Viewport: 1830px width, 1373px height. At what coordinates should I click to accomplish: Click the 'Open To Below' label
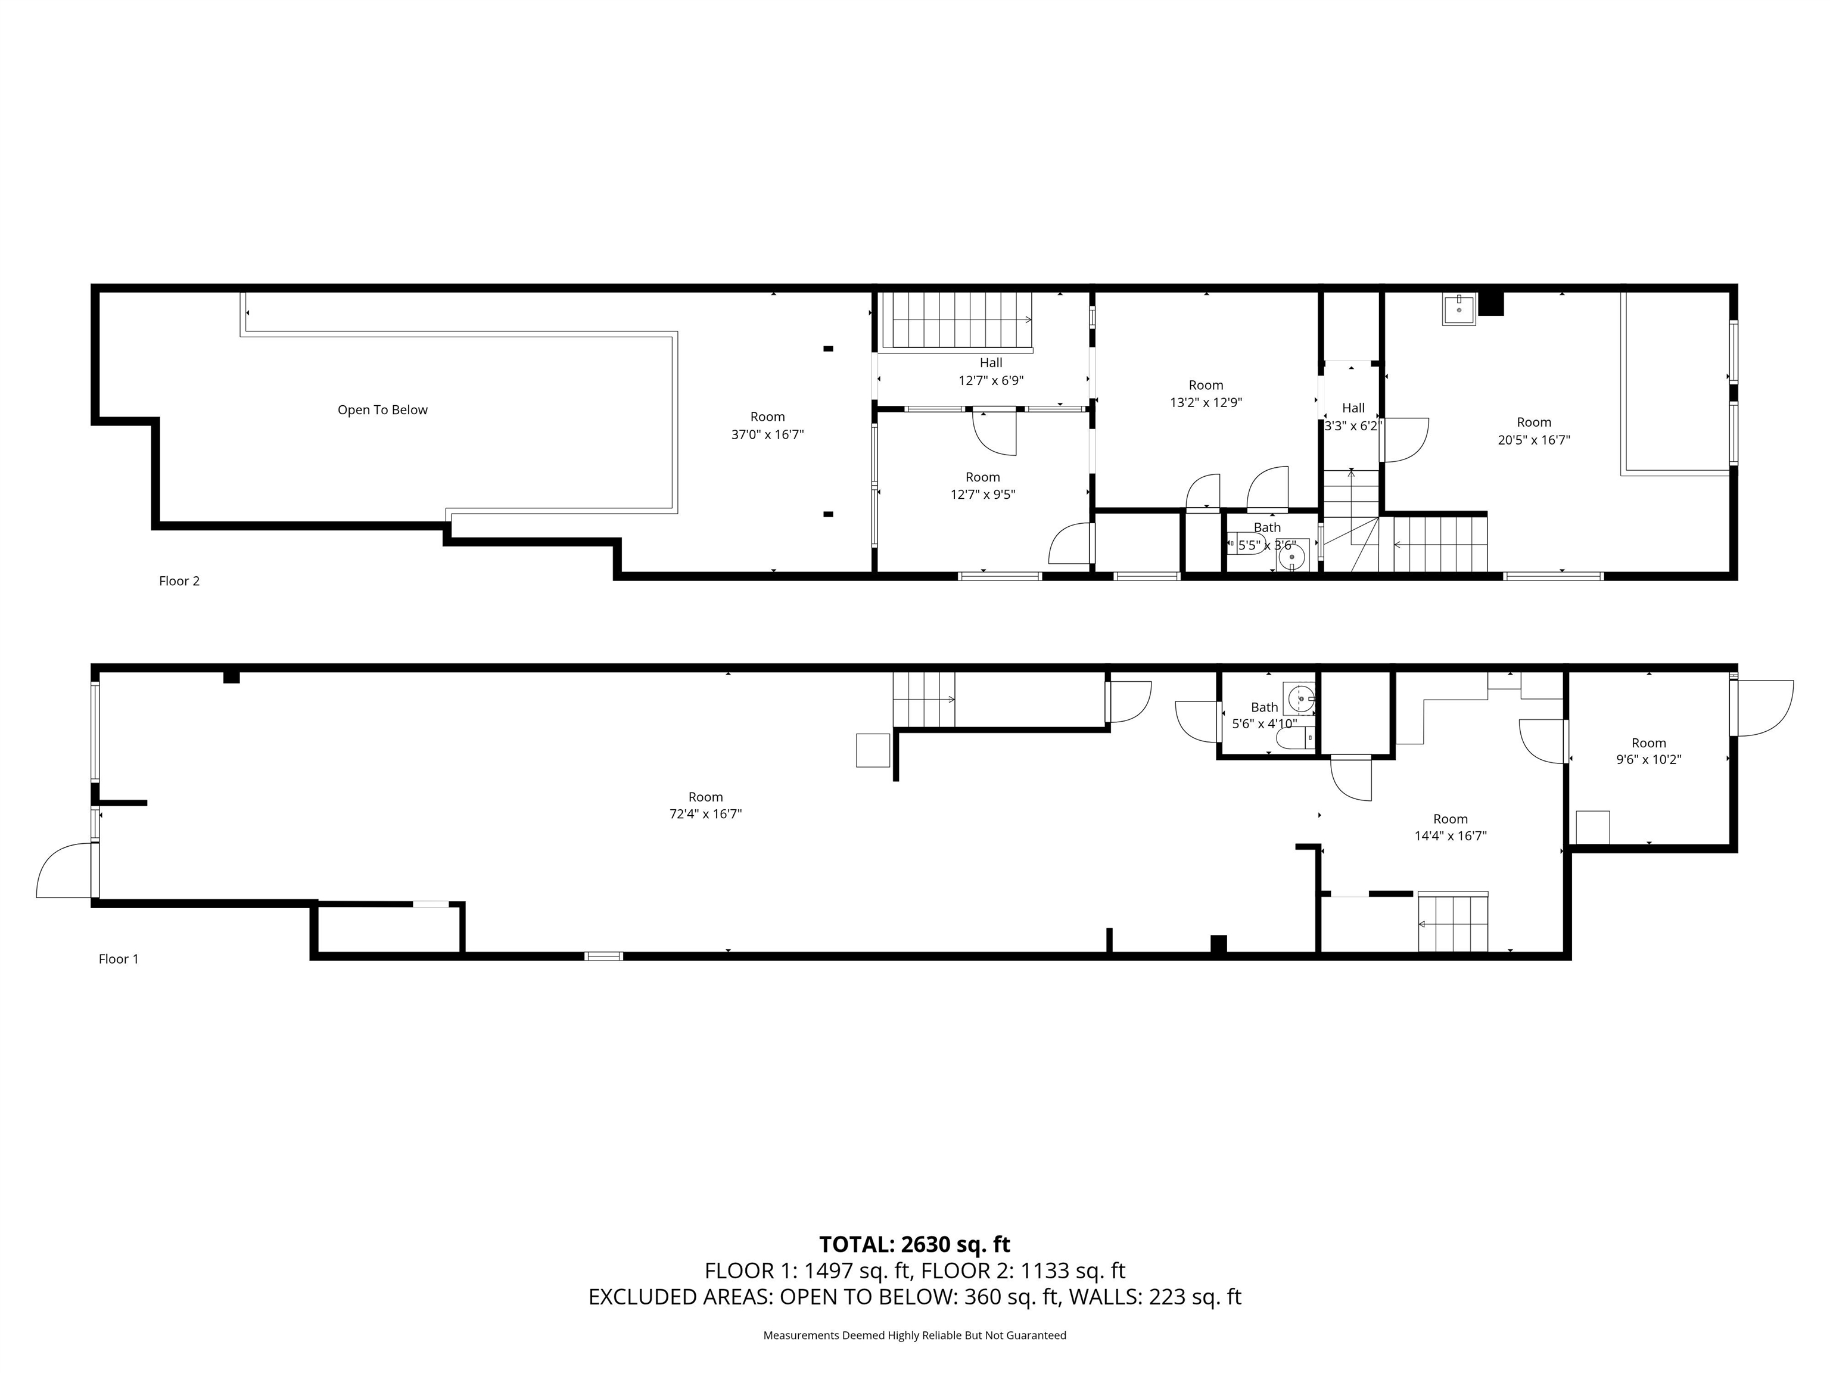[x=382, y=409]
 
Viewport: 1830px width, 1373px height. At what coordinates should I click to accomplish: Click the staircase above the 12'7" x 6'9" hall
[x=955, y=319]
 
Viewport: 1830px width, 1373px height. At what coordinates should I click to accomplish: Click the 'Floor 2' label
[x=179, y=581]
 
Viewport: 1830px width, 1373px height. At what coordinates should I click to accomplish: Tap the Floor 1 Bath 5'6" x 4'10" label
[x=1263, y=715]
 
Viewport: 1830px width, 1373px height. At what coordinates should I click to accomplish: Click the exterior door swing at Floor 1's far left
[x=64, y=871]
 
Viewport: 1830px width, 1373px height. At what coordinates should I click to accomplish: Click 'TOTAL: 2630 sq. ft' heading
[x=914, y=1245]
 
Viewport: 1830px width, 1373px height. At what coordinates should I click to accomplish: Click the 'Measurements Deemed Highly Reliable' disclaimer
[x=914, y=1335]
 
